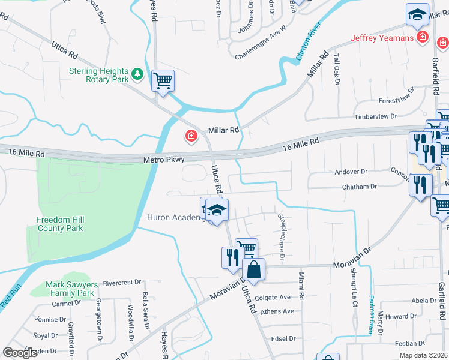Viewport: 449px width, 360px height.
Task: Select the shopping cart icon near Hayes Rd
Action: [163, 80]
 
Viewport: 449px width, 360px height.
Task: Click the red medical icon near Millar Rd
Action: [191, 137]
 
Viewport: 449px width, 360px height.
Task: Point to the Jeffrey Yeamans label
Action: [382, 38]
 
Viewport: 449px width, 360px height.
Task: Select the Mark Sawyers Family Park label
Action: [70, 289]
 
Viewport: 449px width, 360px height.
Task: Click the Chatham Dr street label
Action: [359, 187]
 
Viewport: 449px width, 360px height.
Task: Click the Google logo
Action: [20, 353]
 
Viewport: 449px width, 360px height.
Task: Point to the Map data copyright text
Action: [423, 355]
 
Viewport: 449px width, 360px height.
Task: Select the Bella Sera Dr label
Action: [145, 311]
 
